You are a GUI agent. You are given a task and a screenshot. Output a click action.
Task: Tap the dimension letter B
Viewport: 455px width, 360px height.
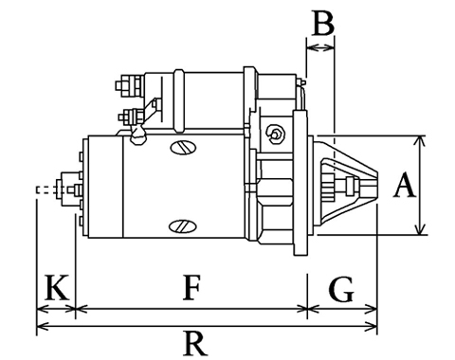point(323,23)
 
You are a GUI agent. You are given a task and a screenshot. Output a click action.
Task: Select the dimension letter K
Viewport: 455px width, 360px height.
point(57,287)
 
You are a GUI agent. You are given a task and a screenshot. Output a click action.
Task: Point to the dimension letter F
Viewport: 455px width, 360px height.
point(191,287)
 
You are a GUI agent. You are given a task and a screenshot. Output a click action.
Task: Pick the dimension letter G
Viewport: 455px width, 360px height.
point(341,289)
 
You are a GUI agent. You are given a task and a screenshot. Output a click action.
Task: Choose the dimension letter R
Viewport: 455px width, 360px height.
point(195,343)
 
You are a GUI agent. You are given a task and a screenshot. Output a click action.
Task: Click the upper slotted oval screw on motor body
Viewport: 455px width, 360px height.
point(183,147)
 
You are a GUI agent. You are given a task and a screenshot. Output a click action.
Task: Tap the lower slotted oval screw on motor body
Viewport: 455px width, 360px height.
point(183,226)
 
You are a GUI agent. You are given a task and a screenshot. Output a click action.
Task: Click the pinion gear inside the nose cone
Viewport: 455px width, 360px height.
point(328,186)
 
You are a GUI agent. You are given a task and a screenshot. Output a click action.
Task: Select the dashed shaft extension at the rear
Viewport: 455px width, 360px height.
point(47,189)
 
